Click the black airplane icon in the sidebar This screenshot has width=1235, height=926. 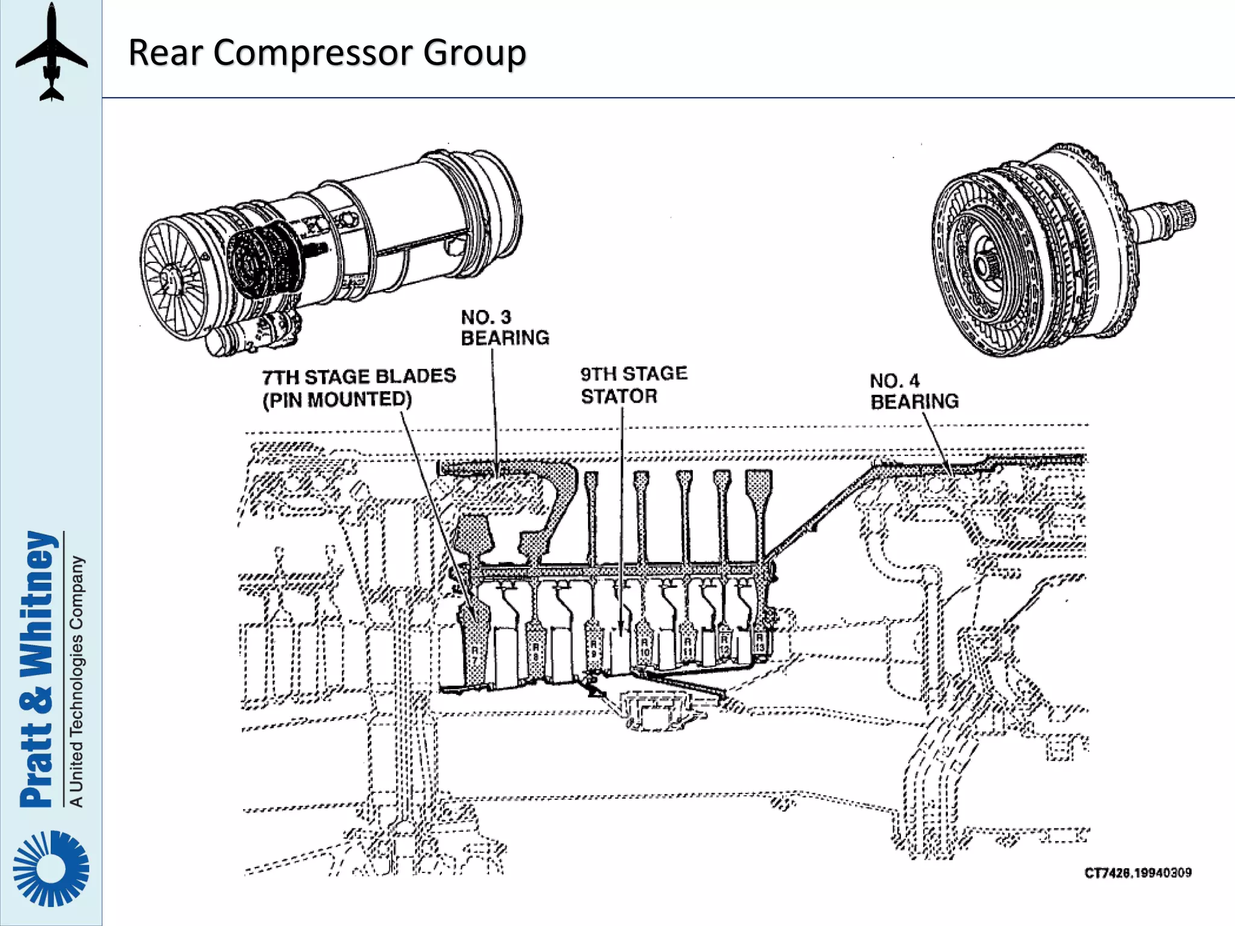[51, 52]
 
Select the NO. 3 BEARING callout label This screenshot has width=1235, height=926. [504, 327]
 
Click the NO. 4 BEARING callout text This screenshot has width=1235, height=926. [914, 391]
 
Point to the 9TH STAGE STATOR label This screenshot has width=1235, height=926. [633, 385]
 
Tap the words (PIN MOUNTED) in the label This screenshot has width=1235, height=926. [336, 400]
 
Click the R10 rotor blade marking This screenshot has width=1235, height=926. [645, 648]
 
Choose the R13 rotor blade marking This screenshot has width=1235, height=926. [760, 642]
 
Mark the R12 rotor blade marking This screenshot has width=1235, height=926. [724, 644]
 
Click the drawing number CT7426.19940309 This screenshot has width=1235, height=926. [1137, 873]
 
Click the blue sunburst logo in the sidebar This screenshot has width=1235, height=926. [51, 868]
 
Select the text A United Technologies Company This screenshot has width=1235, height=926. [76, 681]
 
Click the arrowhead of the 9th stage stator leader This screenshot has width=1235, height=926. [622, 627]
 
